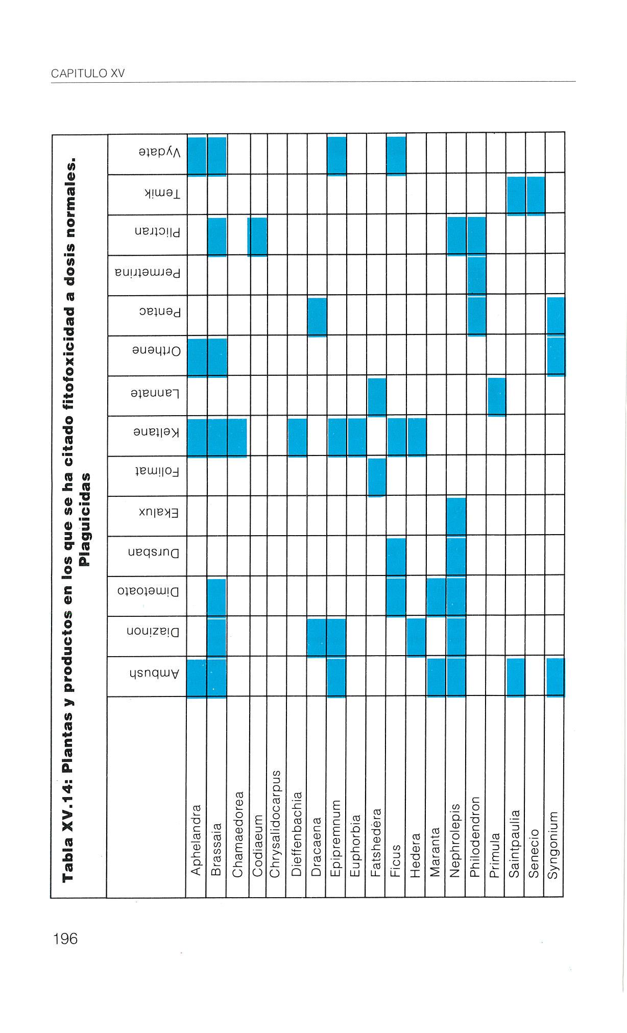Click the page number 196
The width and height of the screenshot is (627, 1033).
[x=65, y=939]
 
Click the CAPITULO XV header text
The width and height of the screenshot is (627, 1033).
[x=88, y=74]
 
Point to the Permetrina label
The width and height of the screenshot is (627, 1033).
[x=148, y=274]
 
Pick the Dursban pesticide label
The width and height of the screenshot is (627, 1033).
[x=153, y=553]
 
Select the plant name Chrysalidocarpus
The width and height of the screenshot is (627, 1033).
[x=276, y=824]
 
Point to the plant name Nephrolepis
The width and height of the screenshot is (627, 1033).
[x=455, y=840]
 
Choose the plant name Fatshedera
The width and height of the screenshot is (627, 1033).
[x=376, y=843]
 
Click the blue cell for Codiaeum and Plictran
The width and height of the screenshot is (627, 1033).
[x=258, y=236]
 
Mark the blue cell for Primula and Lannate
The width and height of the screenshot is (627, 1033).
[x=496, y=397]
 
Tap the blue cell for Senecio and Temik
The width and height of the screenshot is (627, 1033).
[x=536, y=195]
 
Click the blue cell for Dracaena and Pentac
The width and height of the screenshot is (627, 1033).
[x=317, y=317]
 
